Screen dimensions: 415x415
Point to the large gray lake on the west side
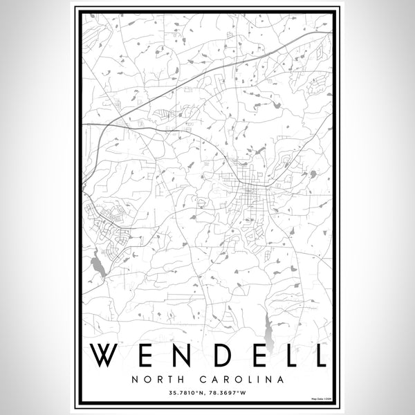[96, 264]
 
